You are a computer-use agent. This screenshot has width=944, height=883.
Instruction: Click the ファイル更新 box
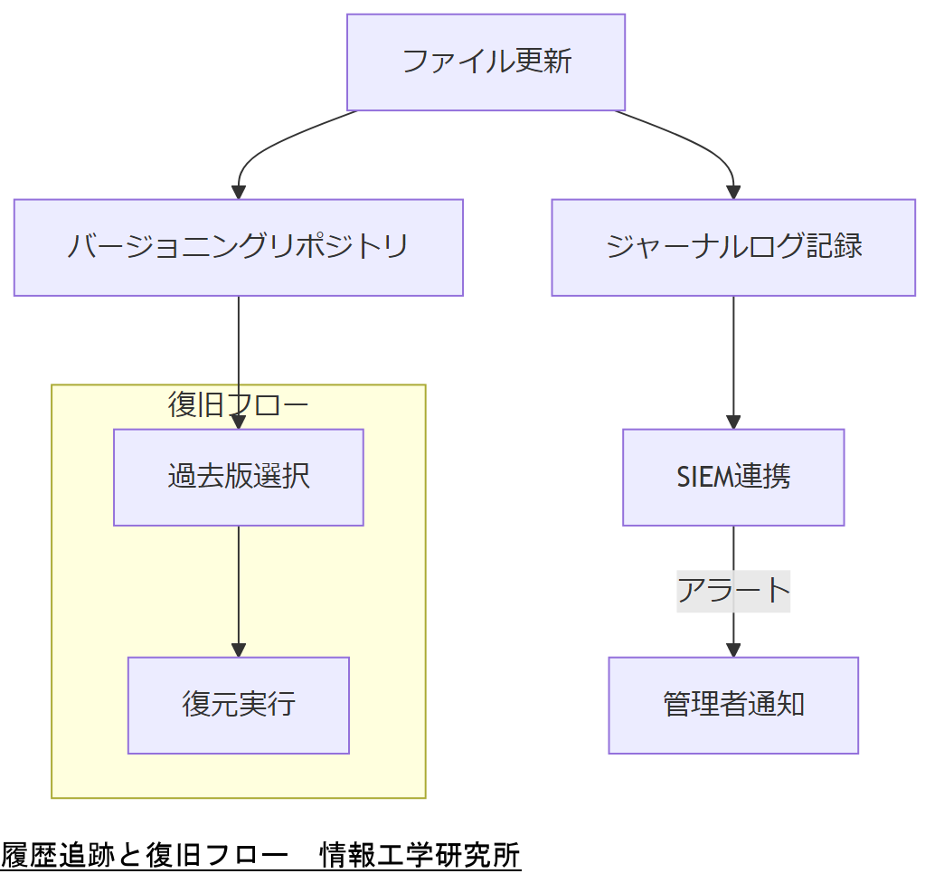(486, 62)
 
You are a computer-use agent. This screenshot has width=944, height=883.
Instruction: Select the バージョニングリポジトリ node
(238, 247)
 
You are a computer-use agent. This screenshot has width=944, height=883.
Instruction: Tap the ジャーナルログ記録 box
(732, 247)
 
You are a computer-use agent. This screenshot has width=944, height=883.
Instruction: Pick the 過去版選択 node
(238, 477)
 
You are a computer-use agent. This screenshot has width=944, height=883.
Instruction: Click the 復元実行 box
(238, 705)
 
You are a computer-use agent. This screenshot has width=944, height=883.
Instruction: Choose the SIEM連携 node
(732, 477)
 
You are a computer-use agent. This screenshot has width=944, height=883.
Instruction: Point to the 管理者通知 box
(732, 705)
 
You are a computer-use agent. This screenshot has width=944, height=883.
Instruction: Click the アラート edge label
(732, 591)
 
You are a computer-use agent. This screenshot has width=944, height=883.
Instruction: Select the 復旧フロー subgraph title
(238, 404)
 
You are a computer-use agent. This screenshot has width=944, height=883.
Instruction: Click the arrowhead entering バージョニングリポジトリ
(238, 192)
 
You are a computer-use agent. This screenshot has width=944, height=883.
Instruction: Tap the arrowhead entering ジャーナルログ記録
(732, 192)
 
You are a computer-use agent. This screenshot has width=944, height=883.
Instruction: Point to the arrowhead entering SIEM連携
(732, 422)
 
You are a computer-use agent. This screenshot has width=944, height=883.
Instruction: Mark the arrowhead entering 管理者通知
(732, 650)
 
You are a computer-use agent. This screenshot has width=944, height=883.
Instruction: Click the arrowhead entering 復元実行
(238, 650)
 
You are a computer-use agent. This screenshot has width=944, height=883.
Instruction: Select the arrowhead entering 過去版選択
(238, 422)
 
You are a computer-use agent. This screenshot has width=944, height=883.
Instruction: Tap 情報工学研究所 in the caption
(420, 855)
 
